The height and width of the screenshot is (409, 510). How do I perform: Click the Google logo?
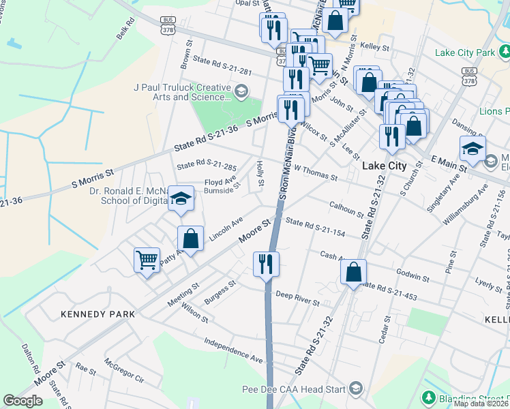pos(22,401)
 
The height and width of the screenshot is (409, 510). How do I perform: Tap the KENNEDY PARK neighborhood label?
pos(97,314)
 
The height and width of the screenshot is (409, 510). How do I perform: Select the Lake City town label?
pos(384,166)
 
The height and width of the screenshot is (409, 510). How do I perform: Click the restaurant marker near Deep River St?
pos(265,264)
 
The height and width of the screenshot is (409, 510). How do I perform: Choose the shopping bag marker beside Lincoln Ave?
pos(191,239)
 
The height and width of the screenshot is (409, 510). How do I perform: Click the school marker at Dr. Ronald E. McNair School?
pos(181,198)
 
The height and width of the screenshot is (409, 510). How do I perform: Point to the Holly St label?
pos(260,171)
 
